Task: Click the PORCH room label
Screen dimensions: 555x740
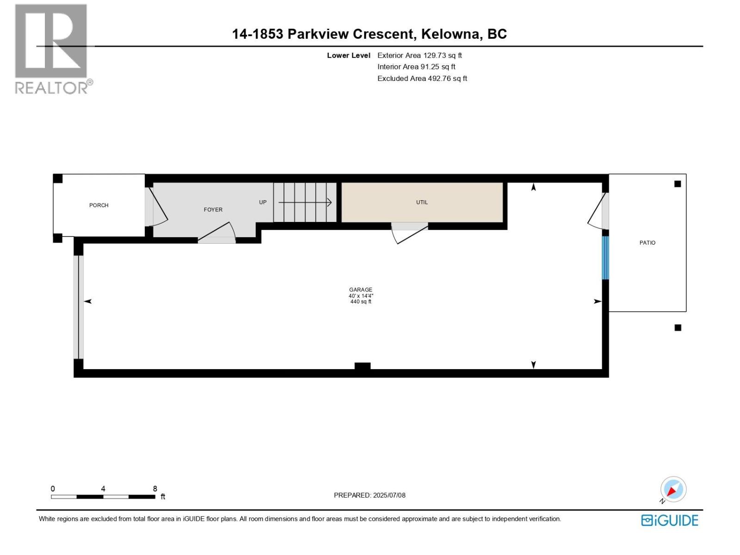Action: (99, 205)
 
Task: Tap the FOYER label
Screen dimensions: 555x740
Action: (213, 210)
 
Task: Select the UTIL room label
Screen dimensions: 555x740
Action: (422, 203)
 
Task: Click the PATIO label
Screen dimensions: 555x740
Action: (647, 243)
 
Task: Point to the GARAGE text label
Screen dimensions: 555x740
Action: (360, 290)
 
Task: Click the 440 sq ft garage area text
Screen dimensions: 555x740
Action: (360, 302)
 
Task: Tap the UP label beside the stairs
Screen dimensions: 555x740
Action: (263, 203)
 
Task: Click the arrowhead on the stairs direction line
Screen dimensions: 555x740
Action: (329, 203)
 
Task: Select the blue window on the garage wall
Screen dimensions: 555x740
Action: (605, 258)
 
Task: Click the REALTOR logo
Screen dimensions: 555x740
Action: (51, 49)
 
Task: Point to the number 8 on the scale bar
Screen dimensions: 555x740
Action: (155, 489)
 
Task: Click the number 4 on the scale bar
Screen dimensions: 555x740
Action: (103, 489)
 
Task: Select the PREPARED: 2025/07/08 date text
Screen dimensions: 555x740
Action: (370, 495)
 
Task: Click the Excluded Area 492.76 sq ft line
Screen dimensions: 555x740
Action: (422, 79)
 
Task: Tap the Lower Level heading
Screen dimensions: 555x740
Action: (348, 55)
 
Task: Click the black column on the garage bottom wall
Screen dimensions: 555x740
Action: (362, 366)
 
